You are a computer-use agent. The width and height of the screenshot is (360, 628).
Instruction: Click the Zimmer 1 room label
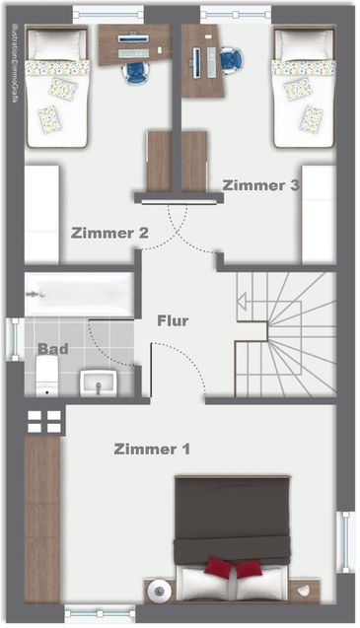(x=152, y=450)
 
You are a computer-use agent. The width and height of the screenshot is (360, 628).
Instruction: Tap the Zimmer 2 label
(x=109, y=234)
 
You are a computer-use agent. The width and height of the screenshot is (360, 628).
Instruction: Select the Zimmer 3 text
(x=260, y=185)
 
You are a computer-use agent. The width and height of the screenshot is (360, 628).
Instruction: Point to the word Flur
(x=173, y=320)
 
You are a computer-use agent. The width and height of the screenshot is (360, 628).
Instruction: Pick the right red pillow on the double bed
(x=250, y=569)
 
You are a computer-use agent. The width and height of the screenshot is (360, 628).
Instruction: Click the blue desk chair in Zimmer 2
(x=135, y=71)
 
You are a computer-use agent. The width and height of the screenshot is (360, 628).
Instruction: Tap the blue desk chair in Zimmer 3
(x=231, y=60)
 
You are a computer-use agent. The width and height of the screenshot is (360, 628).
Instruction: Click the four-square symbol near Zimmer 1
(x=44, y=421)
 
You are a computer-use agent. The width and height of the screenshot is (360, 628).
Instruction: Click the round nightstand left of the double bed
(x=159, y=592)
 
